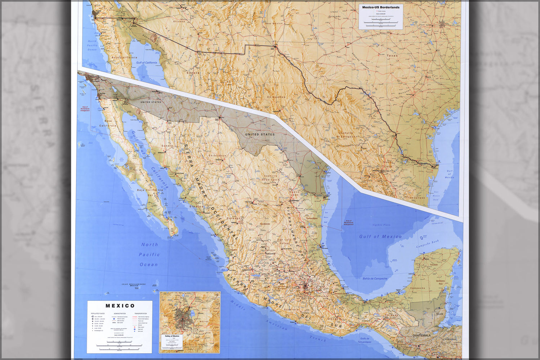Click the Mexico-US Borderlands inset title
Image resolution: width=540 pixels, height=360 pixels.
(381, 7)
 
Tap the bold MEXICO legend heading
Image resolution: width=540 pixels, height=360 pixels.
(120, 306)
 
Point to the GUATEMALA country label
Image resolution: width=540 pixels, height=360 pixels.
(421, 336)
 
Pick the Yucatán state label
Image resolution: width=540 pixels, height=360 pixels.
(434, 265)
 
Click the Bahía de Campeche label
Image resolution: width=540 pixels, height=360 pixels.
(375, 279)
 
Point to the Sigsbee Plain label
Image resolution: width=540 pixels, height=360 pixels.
(381, 225)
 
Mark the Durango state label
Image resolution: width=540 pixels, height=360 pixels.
(234, 218)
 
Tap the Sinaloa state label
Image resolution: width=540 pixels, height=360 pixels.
(197, 207)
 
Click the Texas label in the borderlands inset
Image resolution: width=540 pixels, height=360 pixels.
(392, 56)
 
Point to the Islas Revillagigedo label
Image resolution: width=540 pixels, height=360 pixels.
(133, 284)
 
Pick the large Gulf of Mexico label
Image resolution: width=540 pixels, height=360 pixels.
(380, 237)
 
